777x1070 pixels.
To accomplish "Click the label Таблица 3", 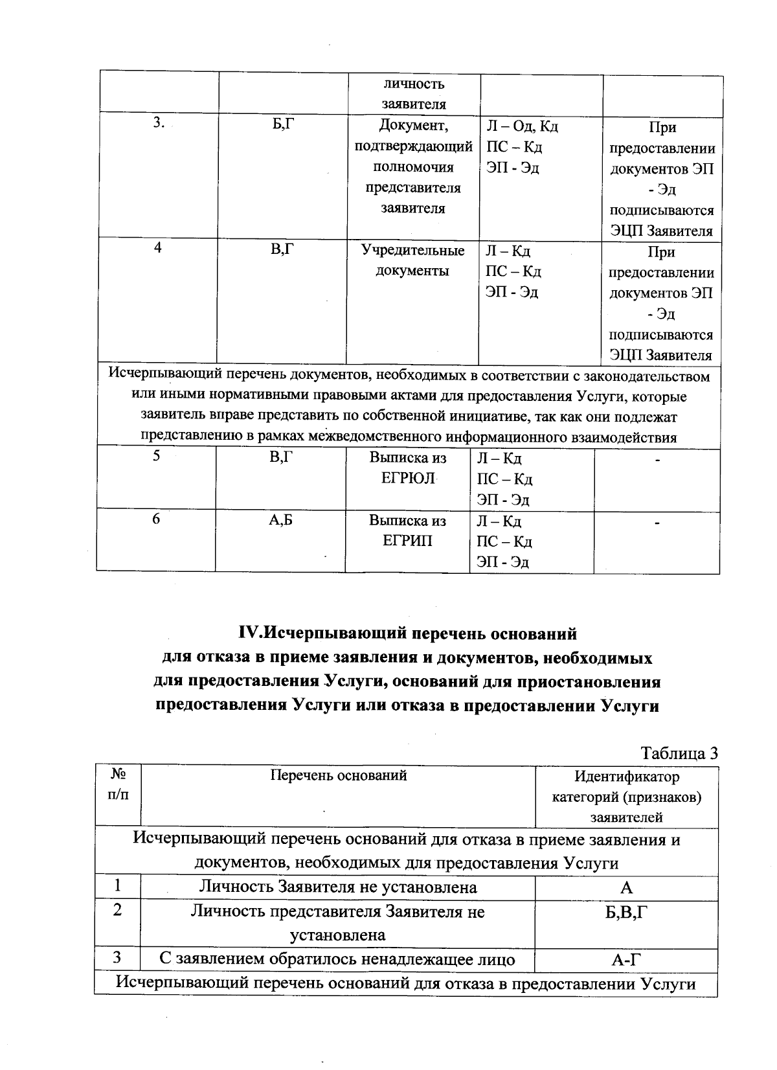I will tap(679, 753).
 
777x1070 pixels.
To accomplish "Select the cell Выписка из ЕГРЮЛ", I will tap(408, 468).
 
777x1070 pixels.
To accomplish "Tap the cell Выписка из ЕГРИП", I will tap(408, 530).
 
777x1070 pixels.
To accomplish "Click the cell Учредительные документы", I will tap(412, 260).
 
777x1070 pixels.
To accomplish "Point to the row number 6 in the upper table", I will tap(156, 519).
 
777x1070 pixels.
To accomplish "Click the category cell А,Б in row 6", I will tap(281, 519).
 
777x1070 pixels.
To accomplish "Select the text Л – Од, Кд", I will tap(522, 126).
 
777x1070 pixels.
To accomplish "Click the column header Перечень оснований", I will tap(338, 775).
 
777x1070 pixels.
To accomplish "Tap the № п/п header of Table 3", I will tap(118, 784).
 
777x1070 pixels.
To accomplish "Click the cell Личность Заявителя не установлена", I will tap(338, 887).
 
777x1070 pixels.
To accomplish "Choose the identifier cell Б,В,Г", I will tap(626, 911).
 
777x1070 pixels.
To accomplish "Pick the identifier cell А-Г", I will tap(626, 960).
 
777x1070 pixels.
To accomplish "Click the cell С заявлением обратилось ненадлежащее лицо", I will tap(338, 960).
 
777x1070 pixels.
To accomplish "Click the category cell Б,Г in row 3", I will tap(282, 125).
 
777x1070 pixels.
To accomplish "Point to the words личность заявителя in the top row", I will tap(413, 94).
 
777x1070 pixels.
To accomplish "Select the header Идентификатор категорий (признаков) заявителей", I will tap(626, 797).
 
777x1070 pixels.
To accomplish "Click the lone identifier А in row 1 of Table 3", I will tap(626, 888).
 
